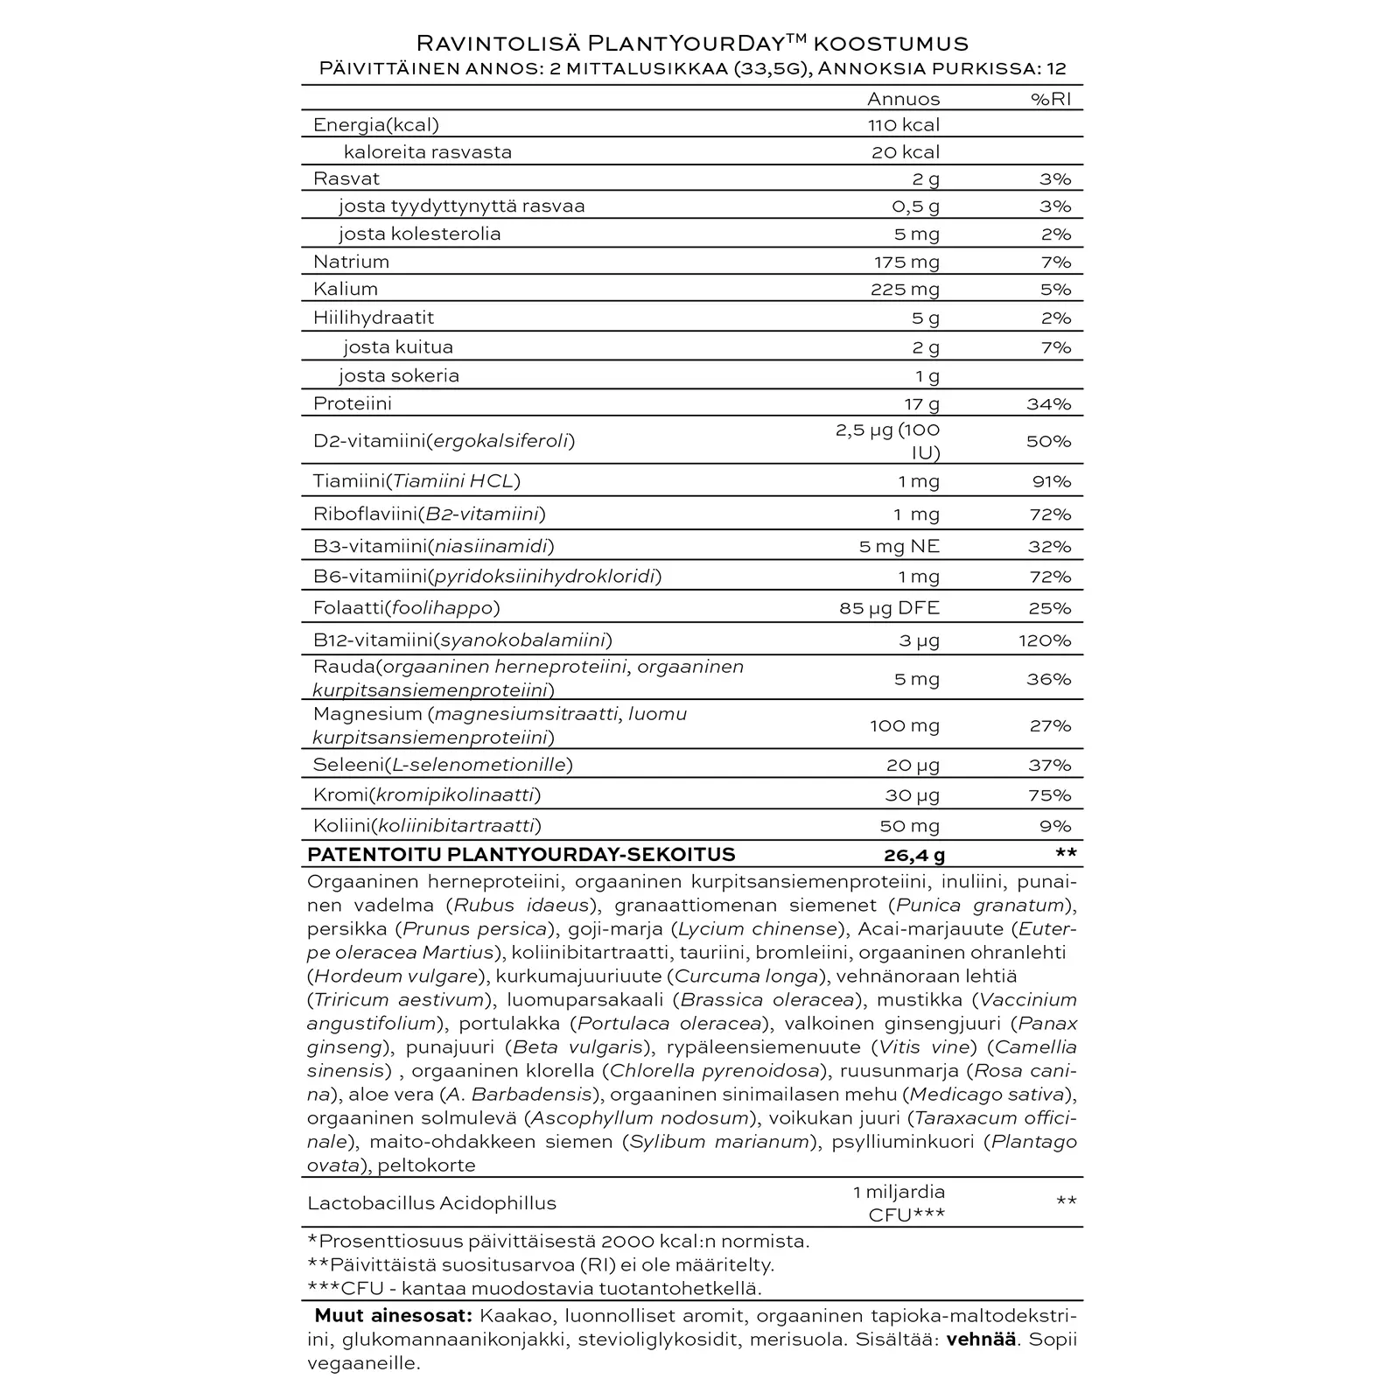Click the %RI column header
click(1050, 99)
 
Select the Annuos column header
click(903, 99)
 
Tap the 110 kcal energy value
click(904, 125)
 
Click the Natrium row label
click(351, 262)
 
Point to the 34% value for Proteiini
click(1048, 404)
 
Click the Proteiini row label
click(353, 403)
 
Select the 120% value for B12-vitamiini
click(1045, 640)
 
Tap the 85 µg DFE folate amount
click(889, 608)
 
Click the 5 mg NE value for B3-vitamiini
click(899, 547)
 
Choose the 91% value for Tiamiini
click(1050, 481)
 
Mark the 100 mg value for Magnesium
click(905, 725)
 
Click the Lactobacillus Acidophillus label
click(431, 1203)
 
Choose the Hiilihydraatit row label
click(374, 318)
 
